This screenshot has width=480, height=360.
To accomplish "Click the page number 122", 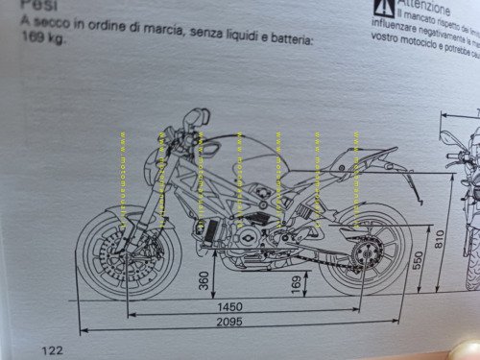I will tap(52, 350).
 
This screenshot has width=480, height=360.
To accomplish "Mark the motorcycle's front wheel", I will tap(124, 254).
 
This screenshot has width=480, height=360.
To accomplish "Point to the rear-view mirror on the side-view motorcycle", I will tap(199, 119).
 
